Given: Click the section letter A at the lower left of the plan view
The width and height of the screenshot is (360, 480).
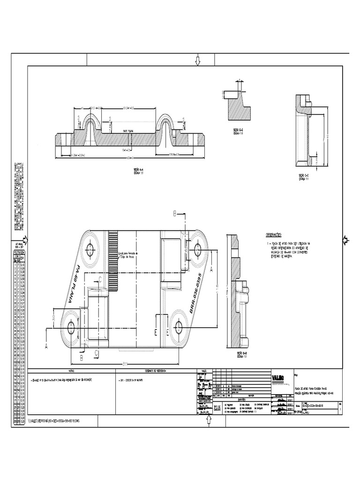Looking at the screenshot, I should coord(47,346).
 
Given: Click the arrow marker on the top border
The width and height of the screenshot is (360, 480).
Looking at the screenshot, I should coord(197,60).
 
